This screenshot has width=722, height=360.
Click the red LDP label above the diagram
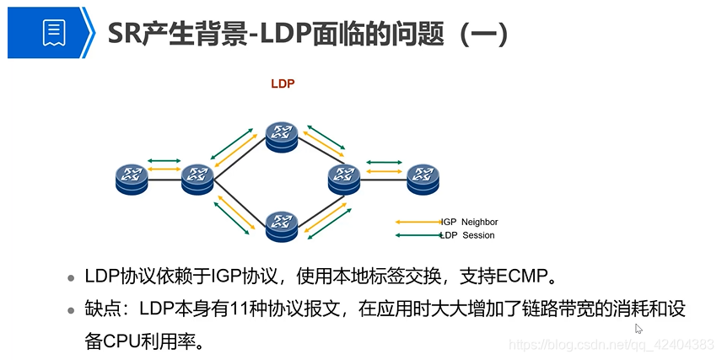282,83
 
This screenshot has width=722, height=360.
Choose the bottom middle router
281,223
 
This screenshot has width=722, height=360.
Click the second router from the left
197,176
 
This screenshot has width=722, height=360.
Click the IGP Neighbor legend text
469,222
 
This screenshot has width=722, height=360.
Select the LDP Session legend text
467,235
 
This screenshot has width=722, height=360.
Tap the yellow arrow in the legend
419,222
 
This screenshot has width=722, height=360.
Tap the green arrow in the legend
419,235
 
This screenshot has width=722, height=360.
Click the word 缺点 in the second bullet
100,309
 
